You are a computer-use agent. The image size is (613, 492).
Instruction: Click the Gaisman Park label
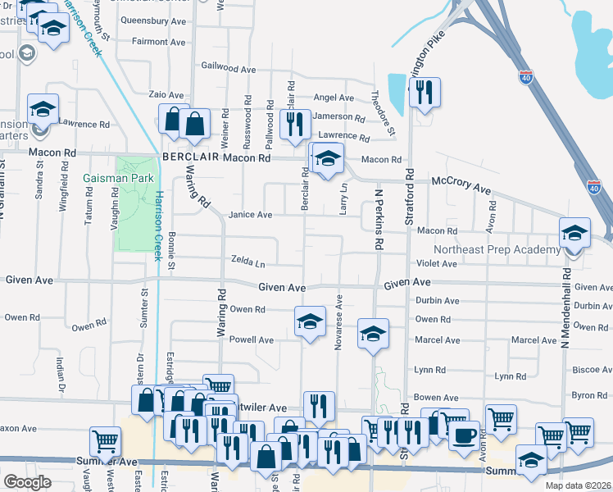[115, 177]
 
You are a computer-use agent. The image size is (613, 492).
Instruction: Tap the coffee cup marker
[464, 435]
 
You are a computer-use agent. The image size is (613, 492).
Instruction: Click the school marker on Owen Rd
[310, 321]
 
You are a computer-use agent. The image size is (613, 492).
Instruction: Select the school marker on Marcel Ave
[373, 333]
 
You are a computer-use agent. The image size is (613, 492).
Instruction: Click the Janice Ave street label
[250, 215]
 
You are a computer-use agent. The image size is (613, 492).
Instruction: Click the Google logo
[27, 482]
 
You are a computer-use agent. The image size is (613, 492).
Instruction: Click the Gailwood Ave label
[229, 66]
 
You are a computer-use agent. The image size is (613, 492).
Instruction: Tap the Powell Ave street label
[251, 339]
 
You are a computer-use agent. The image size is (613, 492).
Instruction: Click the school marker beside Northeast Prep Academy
[574, 233]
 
